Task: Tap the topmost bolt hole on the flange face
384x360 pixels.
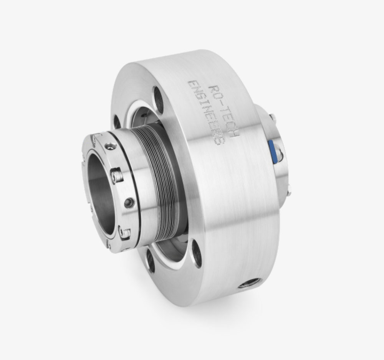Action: point(158,94)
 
